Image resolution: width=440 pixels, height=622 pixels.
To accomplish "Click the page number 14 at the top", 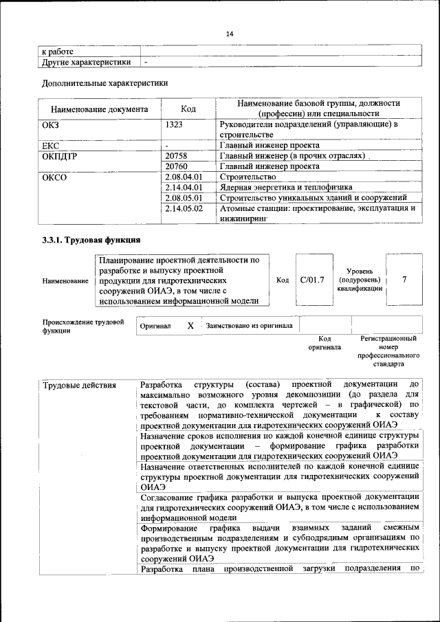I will click(230, 34).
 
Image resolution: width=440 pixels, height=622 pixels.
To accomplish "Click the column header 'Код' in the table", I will click(188, 109).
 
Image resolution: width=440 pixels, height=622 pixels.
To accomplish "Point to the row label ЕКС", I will click(51, 146).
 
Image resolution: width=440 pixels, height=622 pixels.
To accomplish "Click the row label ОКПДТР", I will click(60, 156).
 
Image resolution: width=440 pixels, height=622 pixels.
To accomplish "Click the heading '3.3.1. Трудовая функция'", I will click(91, 240).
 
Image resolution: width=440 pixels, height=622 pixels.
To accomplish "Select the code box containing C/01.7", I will click(312, 280).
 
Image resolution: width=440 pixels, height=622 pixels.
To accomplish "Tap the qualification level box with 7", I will click(404, 280).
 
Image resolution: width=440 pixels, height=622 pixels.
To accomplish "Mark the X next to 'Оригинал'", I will click(190, 326).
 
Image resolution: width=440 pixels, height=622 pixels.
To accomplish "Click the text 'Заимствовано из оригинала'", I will click(249, 326).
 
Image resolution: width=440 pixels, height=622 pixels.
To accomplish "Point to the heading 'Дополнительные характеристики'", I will click(105, 83).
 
